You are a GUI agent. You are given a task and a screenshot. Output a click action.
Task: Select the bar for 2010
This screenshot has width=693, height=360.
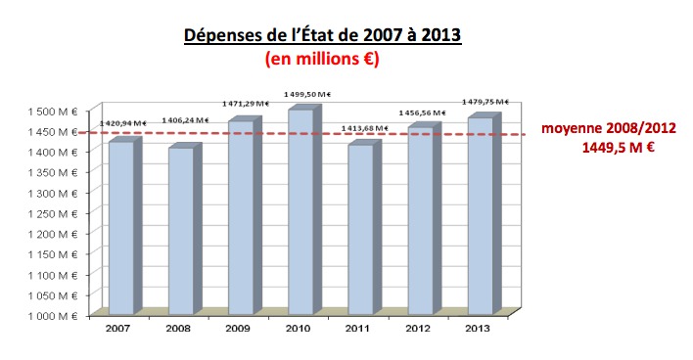click(x=300, y=211)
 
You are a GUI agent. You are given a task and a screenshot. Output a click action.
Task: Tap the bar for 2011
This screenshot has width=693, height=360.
click(x=360, y=230)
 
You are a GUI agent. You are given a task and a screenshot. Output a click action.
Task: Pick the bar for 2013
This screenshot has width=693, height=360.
click(x=479, y=216)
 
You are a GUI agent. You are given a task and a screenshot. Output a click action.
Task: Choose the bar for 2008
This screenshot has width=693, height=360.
click(x=180, y=231)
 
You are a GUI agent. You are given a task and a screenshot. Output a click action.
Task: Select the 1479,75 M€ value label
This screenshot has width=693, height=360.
click(x=481, y=102)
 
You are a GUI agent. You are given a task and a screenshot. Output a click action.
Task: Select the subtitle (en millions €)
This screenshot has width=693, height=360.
click(x=323, y=59)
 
